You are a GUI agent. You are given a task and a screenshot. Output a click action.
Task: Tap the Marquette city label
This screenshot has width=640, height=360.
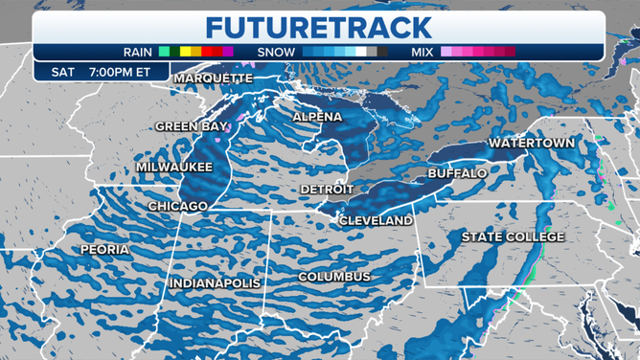coord(213,78)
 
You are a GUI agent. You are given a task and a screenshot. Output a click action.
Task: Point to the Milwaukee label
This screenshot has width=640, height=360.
coord(173,166)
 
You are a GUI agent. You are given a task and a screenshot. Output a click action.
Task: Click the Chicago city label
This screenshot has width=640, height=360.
coord(178,206)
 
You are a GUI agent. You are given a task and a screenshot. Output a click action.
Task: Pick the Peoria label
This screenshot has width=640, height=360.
coord(105,249)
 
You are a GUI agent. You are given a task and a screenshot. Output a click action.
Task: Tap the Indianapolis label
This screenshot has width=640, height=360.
coord(215,283)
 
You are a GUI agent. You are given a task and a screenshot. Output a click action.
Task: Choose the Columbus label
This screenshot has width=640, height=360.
coord(333,277)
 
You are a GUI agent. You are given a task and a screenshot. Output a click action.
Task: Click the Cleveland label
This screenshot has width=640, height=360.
coord(376,220)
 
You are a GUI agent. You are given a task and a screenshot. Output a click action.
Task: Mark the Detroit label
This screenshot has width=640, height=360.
coord(327,190)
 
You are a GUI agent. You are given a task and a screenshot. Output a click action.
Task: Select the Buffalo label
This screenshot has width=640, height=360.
coord(456,173)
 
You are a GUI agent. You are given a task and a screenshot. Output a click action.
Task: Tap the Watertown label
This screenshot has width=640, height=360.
coord(532,143)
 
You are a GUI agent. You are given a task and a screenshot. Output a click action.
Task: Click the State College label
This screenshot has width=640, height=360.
coord(513,236)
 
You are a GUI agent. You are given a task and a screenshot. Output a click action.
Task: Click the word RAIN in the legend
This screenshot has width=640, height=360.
coord(140,51)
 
